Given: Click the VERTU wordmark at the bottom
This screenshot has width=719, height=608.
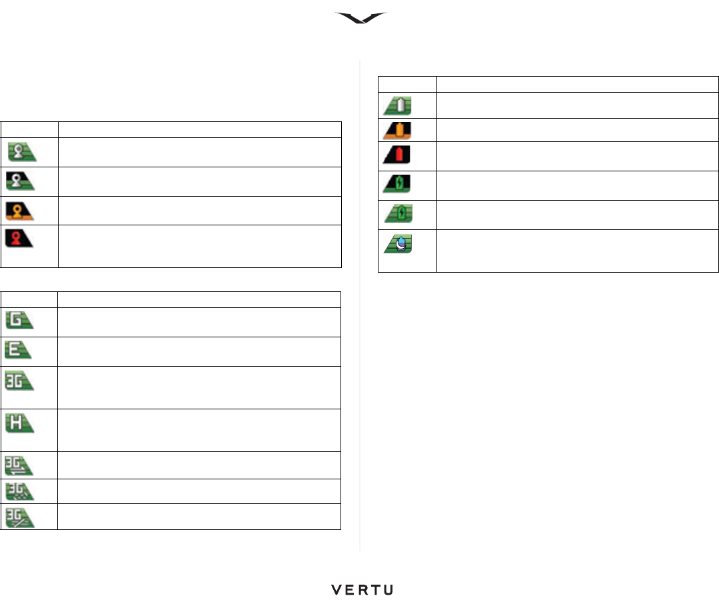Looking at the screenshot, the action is click(362, 590).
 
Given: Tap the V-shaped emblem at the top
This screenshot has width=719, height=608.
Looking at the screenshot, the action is click(360, 18).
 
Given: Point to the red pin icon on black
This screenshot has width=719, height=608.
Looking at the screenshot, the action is click(21, 238).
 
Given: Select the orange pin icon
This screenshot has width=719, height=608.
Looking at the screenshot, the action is click(21, 211).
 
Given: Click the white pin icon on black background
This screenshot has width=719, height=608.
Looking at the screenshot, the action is click(21, 181).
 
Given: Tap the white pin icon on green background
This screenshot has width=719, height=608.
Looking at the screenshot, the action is click(21, 151).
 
